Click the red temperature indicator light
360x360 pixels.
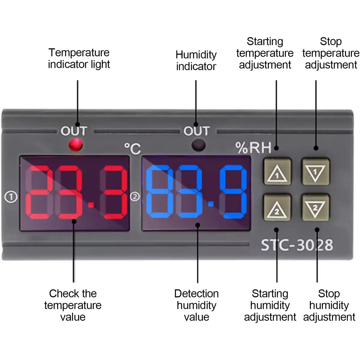coord(76,145)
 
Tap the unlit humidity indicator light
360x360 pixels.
coord(198,145)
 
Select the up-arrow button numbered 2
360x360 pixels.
coord(277,207)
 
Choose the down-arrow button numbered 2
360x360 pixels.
coord(315,207)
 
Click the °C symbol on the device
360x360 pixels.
coord(133,149)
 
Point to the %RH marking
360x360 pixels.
coord(253,148)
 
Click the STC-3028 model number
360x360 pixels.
coord(297,245)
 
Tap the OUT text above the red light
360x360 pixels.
coord(74,131)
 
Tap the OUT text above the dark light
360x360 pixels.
coord(196,131)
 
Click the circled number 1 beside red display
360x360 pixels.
coord(11,197)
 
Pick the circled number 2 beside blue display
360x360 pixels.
coord(135,197)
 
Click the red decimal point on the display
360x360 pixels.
coord(91,205)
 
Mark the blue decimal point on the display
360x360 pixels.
coord(211,204)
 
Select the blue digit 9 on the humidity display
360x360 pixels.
coord(233,192)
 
